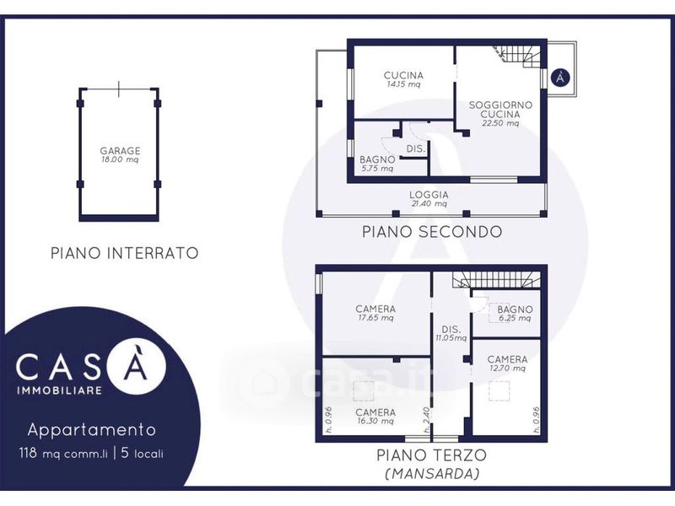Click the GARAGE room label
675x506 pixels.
tap(120, 151)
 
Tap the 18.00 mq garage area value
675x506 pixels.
tap(120, 159)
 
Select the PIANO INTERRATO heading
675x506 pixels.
tap(125, 253)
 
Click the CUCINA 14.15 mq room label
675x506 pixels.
tap(403, 79)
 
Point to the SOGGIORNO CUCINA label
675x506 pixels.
tap(500, 110)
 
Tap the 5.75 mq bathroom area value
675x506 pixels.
tap(377, 169)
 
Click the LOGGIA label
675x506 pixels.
tap(429, 195)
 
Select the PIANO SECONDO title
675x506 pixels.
tap(432, 232)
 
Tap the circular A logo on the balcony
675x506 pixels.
tap(560, 78)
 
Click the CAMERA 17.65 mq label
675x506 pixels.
tap(375, 313)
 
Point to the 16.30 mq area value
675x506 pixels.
tap(375, 421)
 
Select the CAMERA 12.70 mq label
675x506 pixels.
tap(507, 363)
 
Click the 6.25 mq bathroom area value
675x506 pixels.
tap(515, 319)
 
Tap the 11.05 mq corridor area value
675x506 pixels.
tap(451, 338)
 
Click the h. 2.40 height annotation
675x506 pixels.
tap(427, 419)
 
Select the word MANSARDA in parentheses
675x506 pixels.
tap(432, 474)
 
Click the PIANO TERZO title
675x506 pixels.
tap(432, 455)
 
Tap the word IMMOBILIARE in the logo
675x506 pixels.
tap(59, 390)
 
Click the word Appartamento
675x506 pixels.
tap(92, 430)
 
